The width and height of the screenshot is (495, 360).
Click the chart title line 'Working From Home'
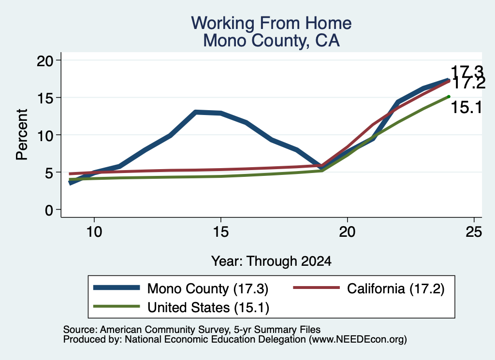point(271,23)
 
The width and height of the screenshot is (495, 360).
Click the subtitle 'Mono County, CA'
point(271,41)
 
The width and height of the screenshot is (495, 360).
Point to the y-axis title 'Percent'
point(22,134)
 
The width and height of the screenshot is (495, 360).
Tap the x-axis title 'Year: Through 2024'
point(271,261)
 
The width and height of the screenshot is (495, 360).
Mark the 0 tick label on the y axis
point(49,210)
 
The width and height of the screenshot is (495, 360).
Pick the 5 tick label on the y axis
point(49,173)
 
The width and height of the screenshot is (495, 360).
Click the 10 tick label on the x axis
point(94,232)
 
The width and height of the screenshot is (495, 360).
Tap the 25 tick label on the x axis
point(474,232)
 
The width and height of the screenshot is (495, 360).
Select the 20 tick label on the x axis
point(347,232)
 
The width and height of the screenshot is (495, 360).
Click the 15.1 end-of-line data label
point(466,107)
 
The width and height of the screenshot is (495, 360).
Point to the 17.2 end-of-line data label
point(468,83)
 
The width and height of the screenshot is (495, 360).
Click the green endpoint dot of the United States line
point(449,97)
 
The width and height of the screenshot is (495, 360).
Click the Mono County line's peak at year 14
point(196,112)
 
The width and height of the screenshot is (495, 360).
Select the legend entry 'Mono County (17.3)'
point(181,288)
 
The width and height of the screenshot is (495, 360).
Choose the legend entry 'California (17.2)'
point(369,288)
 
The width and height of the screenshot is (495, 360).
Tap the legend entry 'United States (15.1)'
point(181,307)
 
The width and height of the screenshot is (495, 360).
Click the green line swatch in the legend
point(116,306)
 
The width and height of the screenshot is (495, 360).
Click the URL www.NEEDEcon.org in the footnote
point(358,339)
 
